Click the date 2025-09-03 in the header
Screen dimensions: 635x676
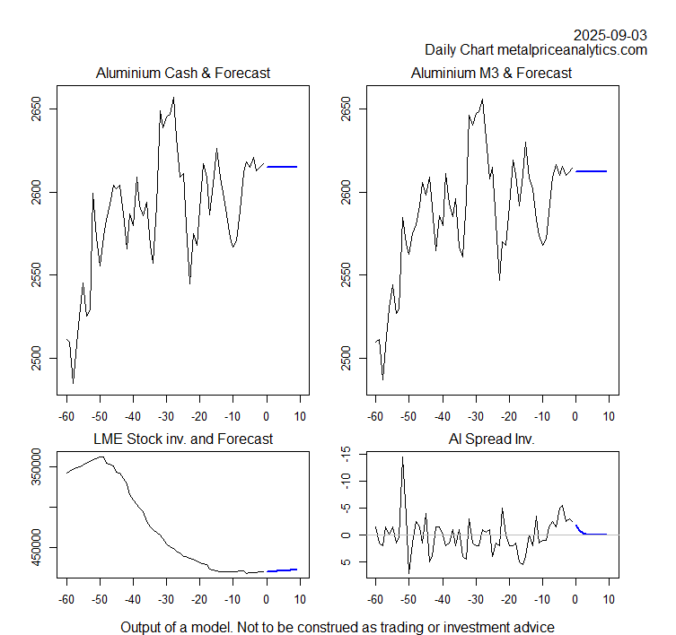pos(610,35)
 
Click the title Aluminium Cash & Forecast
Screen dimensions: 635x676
pos(183,73)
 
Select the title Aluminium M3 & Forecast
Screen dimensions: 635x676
pos(491,73)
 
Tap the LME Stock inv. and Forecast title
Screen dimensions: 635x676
pos(183,439)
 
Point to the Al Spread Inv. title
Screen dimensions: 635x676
pos(491,439)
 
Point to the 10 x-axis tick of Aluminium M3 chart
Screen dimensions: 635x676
pos(610,416)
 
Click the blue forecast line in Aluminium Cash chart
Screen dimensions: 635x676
pos(282,167)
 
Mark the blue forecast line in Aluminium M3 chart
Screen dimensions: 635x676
pos(592,170)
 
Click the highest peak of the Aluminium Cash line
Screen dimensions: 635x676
pos(173,98)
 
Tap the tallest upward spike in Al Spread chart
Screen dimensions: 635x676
pos(402,457)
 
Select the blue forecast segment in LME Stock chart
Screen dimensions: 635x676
pos(282,570)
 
